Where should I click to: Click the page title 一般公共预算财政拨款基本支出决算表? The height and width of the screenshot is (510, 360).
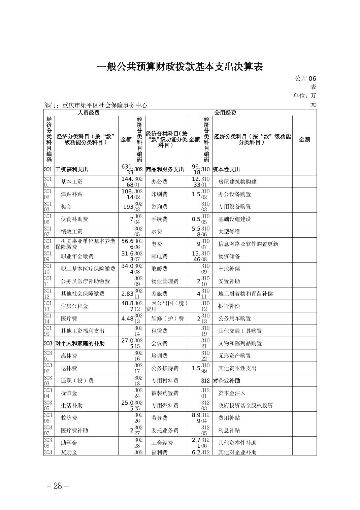point(180,67)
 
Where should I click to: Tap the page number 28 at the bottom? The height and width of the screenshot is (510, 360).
point(58,486)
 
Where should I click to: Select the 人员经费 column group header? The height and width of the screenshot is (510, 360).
point(89,113)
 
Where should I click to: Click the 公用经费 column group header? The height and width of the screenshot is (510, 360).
point(225,113)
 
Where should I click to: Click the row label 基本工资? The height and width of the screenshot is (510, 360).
point(72,182)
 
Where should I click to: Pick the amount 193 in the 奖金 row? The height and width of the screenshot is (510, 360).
point(128,206)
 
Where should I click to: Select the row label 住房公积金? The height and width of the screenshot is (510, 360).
point(74,306)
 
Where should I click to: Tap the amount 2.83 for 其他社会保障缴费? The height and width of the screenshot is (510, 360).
point(127,294)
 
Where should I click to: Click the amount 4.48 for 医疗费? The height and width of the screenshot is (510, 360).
point(127,318)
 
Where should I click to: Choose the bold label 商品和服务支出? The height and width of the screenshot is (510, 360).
point(165,169)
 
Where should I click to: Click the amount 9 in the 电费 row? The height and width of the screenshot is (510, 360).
point(198,244)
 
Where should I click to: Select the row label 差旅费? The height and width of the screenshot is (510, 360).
point(159,294)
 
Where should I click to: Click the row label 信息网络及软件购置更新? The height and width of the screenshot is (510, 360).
point(248,244)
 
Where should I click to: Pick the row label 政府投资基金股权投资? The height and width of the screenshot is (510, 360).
point(246,406)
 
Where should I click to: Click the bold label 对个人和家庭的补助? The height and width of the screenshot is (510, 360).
point(80,343)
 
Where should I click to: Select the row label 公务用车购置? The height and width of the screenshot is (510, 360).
point(234,318)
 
